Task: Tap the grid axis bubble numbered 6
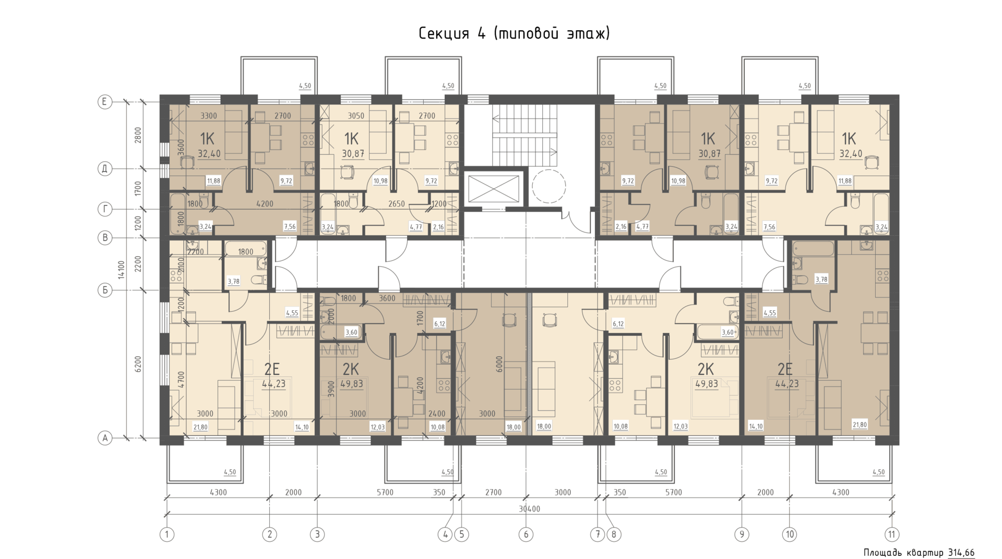tap(526, 534)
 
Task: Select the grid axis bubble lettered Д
tap(105, 168)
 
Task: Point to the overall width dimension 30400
tap(529, 508)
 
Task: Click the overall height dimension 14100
tap(122, 270)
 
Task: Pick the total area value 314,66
tap(961, 553)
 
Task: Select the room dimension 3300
tap(209, 116)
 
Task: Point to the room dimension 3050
tap(356, 116)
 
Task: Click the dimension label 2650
tap(397, 204)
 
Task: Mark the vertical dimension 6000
tap(499, 364)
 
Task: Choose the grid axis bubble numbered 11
tap(892, 534)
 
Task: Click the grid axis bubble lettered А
tap(105, 438)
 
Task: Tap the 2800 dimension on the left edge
tap(138, 135)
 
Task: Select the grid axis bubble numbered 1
tap(167, 534)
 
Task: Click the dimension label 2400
tap(437, 414)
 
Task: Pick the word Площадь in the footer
tap(882, 553)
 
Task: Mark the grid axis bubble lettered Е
tap(105, 102)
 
